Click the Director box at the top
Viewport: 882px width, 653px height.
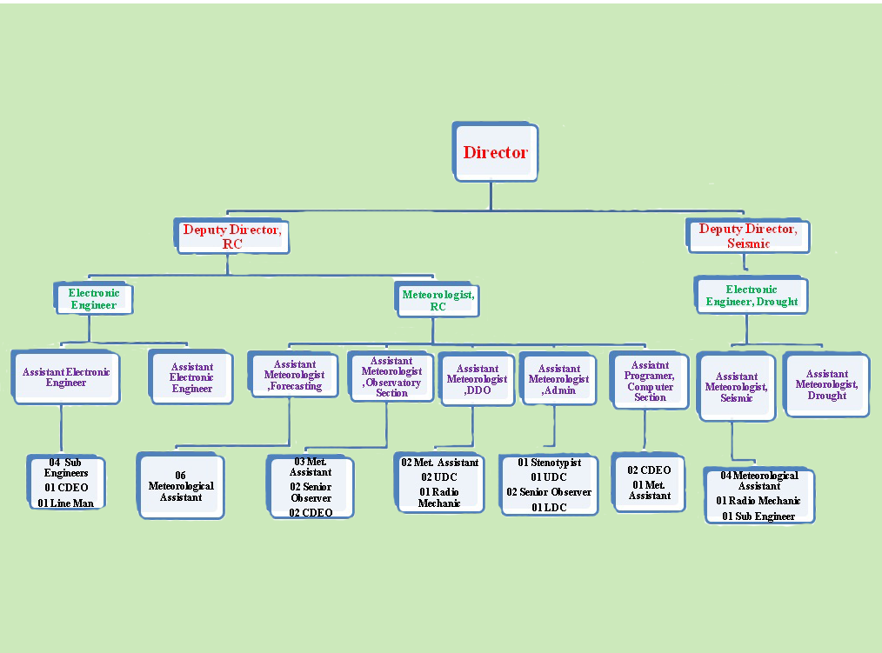(x=496, y=152)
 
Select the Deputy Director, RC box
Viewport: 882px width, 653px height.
(x=232, y=236)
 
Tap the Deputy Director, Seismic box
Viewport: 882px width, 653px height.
(x=748, y=236)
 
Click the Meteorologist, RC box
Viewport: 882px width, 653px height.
(x=438, y=300)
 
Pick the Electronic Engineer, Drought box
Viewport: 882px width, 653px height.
(x=752, y=296)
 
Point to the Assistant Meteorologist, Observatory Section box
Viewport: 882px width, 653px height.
(x=391, y=376)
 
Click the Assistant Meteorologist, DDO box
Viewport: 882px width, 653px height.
(x=477, y=380)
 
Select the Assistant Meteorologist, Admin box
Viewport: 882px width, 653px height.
(x=558, y=380)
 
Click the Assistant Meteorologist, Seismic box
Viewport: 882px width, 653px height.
(x=737, y=388)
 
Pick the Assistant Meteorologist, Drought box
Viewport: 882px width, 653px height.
(x=826, y=384)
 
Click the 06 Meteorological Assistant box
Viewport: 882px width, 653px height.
(x=181, y=487)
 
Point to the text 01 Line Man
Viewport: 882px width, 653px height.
(x=65, y=503)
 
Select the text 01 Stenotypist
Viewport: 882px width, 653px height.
(x=550, y=463)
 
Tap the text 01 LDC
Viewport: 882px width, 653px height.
(x=549, y=507)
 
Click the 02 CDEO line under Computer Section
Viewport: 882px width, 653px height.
(x=650, y=470)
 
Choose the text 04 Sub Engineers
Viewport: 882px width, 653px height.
(x=66, y=467)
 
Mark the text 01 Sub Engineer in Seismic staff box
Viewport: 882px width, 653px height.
(x=758, y=516)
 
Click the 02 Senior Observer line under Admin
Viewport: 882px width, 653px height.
(x=549, y=492)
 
